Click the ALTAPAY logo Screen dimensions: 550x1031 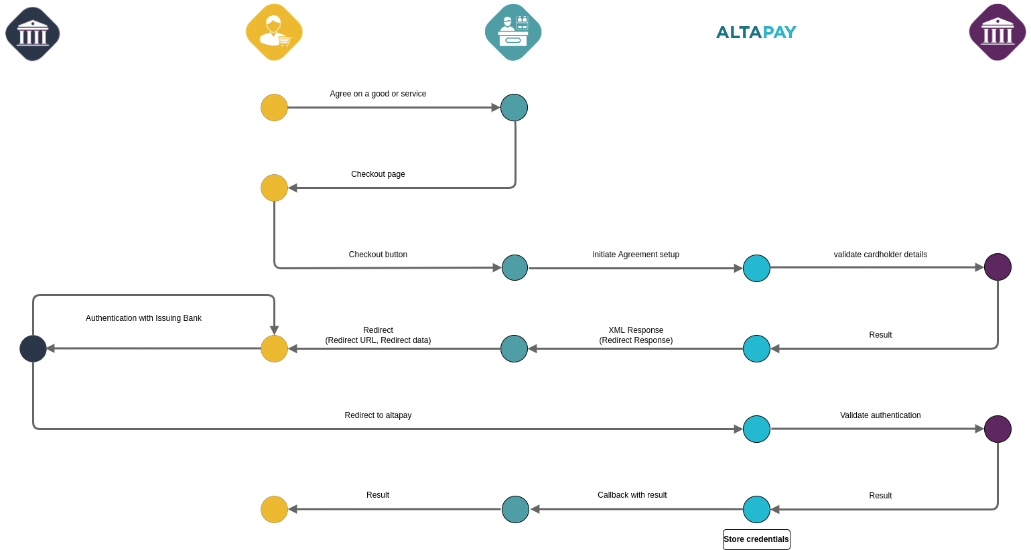tap(756, 32)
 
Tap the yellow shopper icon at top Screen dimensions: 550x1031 tap(274, 32)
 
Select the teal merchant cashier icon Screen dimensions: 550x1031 tap(513, 32)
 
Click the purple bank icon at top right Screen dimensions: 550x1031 tap(998, 32)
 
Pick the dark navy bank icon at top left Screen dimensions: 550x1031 tap(33, 34)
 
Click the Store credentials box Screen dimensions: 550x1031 tap(756, 539)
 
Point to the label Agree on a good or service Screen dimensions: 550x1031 tap(378, 94)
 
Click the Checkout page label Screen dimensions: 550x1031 tap(378, 174)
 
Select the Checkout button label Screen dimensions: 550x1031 tap(378, 255)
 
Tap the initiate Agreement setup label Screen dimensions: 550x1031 tap(636, 255)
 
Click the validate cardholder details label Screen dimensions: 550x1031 tap(880, 255)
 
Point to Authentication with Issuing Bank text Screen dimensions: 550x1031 tap(143, 318)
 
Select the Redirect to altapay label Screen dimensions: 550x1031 tap(378, 415)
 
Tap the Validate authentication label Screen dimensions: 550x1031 tap(880, 415)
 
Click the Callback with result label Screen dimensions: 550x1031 tap(632, 495)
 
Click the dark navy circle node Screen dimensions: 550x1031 tap(33, 348)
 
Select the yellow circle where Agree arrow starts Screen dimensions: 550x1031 tap(274, 107)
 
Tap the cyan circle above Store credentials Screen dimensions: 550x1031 tap(756, 509)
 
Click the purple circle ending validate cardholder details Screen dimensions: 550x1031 tap(998, 267)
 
